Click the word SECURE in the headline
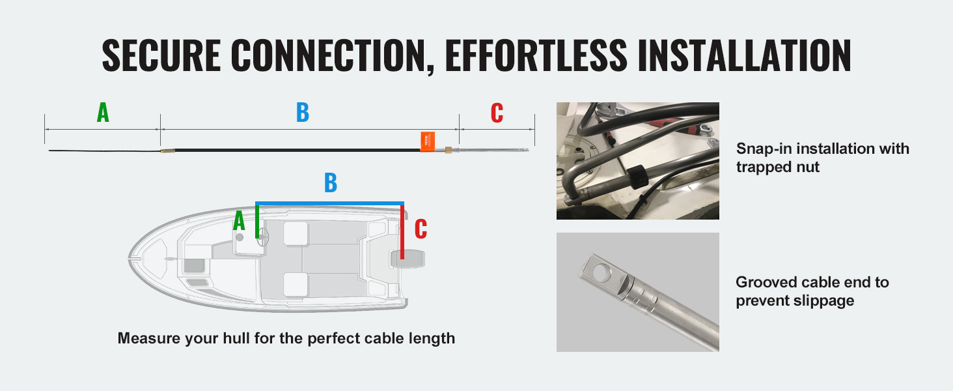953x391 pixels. [x=161, y=55]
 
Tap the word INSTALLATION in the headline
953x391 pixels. [x=745, y=55]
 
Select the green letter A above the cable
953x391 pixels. [x=103, y=113]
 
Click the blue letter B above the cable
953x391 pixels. [x=303, y=113]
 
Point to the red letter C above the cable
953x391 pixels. [x=497, y=113]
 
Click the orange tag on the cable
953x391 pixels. [x=428, y=141]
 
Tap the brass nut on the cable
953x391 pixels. [x=448, y=149]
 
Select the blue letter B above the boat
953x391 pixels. [x=331, y=182]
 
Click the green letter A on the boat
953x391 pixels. [x=239, y=221]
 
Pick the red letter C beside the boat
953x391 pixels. [x=421, y=229]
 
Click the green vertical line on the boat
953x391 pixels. [x=257, y=222]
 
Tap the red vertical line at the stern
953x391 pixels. [x=402, y=232]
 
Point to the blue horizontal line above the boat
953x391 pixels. [x=330, y=203]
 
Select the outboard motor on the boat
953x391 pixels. [x=407, y=259]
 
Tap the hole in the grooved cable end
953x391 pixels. [x=601, y=272]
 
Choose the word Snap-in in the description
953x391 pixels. [x=764, y=149]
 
